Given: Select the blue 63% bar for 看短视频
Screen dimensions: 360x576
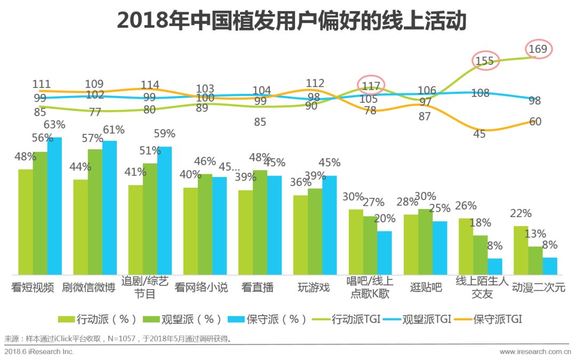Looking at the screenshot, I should (54, 205).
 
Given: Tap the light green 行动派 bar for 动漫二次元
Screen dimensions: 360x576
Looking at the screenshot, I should (521, 250).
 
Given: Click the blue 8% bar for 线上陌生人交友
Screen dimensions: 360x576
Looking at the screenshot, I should (494, 266).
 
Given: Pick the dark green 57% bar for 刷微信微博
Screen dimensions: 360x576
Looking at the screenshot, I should (95, 211).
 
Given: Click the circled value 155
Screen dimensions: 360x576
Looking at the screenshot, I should (484, 61).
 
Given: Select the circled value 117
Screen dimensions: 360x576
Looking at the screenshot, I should (371, 85).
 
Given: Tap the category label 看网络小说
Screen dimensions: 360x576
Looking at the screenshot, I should (201, 287).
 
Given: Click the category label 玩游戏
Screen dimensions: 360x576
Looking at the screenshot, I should (314, 287).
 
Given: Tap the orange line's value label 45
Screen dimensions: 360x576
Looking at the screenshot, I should (479, 134).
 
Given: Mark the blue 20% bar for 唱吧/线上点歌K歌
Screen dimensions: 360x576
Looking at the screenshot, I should (385, 252).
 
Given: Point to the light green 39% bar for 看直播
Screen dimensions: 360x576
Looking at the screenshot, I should (245, 232).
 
